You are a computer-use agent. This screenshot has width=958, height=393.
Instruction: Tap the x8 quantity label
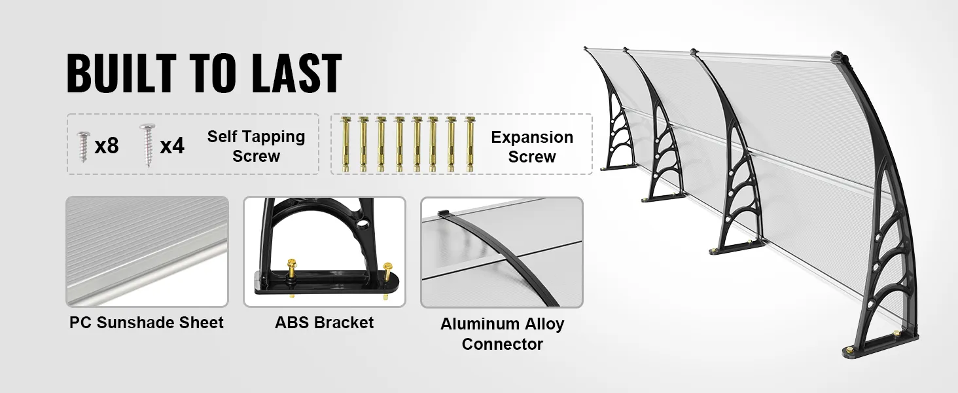pyautogui.click(x=107, y=146)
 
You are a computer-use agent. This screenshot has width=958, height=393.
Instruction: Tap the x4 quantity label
pyautogui.click(x=172, y=146)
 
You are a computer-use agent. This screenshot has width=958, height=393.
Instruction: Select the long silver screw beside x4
pyautogui.click(x=147, y=145)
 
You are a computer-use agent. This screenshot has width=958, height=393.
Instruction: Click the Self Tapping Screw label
pyautogui.click(x=256, y=146)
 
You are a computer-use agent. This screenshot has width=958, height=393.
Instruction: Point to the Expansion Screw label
pyautogui.click(x=532, y=147)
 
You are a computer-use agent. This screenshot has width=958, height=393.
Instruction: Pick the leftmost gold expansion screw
pyautogui.click(x=345, y=144)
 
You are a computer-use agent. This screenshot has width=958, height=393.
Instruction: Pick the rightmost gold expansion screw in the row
pyautogui.click(x=470, y=144)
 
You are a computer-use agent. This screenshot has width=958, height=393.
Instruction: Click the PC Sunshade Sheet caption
pyautogui.click(x=147, y=322)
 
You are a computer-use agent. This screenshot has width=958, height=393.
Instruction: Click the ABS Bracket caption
pyautogui.click(x=324, y=322)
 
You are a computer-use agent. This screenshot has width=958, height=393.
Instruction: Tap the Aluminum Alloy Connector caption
pyautogui.click(x=502, y=334)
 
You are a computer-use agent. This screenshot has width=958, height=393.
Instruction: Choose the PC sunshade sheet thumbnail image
pyautogui.click(x=147, y=252)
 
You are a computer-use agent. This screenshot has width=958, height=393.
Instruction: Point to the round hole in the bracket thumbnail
pyautogui.click(x=364, y=223)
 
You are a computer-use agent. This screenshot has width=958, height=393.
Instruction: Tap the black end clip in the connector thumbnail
pyautogui.click(x=444, y=213)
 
